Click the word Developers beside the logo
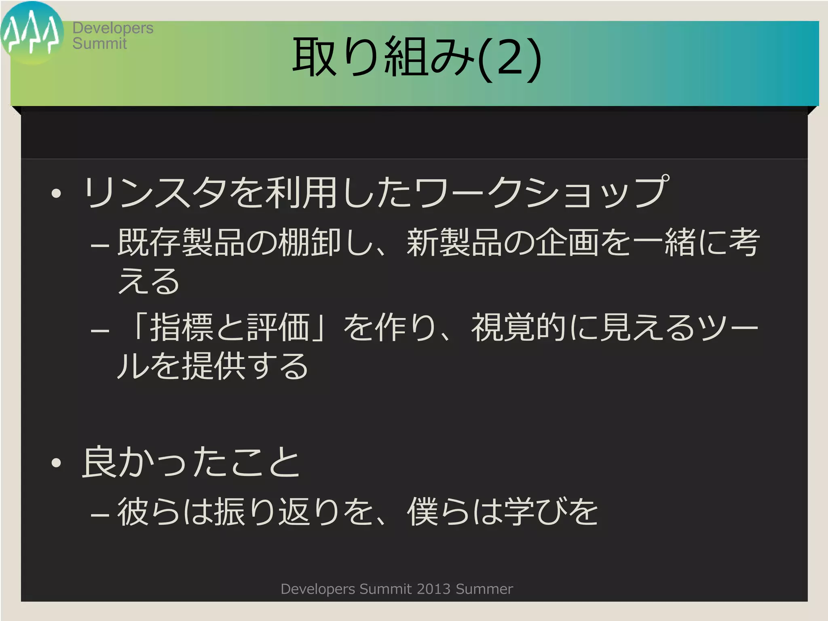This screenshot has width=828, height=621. [x=113, y=28]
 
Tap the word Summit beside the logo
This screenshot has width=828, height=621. [x=99, y=43]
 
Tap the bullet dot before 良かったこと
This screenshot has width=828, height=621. [x=56, y=463]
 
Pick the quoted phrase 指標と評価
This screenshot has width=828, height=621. [x=230, y=327]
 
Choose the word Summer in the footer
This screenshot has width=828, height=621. [x=484, y=589]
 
